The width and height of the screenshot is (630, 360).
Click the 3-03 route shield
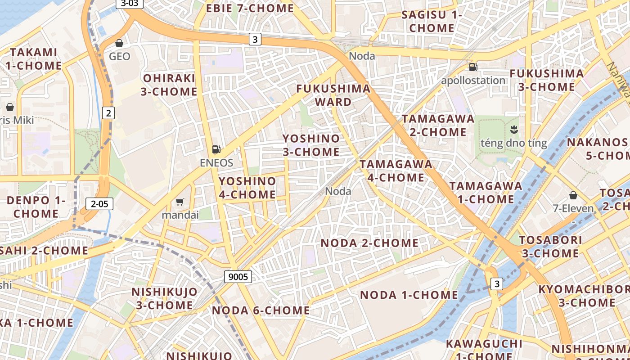point(130,4)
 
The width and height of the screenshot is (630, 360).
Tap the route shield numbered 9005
point(238,277)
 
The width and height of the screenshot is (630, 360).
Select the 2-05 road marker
point(99,204)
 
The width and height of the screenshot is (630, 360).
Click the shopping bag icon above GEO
point(119,43)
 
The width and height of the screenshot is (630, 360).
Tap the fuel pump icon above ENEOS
point(216,149)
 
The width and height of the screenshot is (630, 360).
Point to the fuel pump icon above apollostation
point(473,67)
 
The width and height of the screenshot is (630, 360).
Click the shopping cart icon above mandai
point(180,202)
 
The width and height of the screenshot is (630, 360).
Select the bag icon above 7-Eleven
point(573,195)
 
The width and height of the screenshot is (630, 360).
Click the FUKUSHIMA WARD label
point(333,95)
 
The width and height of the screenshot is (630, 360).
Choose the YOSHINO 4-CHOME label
point(247,188)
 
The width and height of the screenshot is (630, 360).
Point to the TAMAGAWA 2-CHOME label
point(438,126)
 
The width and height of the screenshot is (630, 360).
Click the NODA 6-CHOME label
point(261,310)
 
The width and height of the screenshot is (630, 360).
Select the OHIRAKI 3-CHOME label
point(169,85)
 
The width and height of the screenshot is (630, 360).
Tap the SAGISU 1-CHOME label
point(432,21)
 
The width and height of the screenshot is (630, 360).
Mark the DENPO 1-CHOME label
point(36,207)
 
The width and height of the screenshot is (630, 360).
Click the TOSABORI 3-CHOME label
point(551,247)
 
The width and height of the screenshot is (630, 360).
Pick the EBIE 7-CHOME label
point(250,8)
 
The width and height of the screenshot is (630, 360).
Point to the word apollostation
point(473,81)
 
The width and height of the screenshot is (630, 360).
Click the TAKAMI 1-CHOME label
point(34,59)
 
